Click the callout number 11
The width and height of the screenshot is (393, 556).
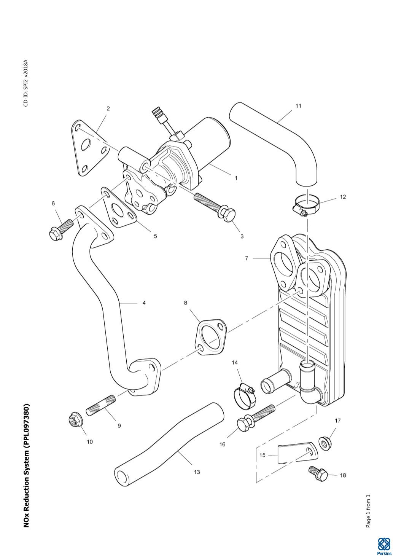click(x=298, y=106)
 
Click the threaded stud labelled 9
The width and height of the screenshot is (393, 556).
click(x=101, y=405)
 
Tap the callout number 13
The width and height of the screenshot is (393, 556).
click(x=197, y=472)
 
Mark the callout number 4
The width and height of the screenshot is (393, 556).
click(x=144, y=303)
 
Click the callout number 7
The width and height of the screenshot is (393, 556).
click(x=247, y=258)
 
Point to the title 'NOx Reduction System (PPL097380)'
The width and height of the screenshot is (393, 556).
click(x=26, y=465)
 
